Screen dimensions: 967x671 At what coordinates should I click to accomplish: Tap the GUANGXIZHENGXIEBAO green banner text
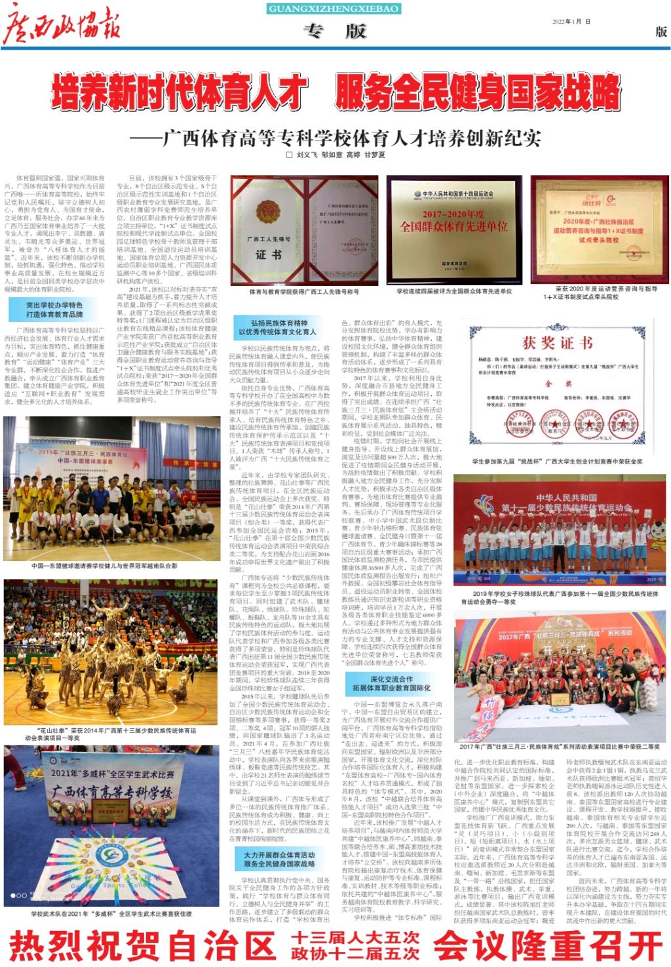334,9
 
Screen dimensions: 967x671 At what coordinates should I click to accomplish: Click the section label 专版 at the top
334,31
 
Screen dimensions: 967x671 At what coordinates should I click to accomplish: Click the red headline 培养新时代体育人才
180,94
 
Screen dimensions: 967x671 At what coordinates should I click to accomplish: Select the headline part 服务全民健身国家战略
478,94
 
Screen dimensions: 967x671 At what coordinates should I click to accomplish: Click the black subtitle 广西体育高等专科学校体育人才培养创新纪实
351,138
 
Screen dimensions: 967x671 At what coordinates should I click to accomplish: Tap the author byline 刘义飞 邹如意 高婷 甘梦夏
336,155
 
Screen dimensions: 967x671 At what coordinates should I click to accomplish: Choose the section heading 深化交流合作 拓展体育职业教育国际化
391,684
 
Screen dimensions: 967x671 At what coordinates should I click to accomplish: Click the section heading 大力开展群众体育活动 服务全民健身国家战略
279,859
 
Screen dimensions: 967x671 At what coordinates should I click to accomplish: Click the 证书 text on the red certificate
269,254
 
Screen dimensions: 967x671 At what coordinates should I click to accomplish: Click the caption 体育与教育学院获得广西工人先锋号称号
303,292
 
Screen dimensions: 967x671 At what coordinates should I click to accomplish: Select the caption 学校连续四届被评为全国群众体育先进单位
454,292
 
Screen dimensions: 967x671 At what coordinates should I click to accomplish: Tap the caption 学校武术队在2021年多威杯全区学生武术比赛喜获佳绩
111,913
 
